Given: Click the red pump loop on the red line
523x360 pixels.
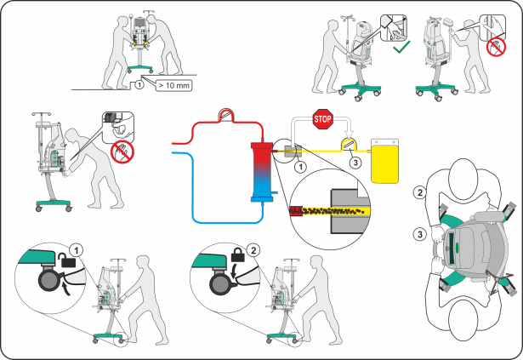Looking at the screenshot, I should [228, 113].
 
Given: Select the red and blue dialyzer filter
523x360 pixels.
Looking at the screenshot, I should [261, 173].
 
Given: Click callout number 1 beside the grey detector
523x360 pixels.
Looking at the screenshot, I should [298, 166].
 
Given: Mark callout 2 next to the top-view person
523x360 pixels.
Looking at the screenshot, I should [419, 192].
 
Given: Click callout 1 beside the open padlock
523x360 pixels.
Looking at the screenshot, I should [77, 250].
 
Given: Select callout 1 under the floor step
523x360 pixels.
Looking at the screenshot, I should [139, 84].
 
